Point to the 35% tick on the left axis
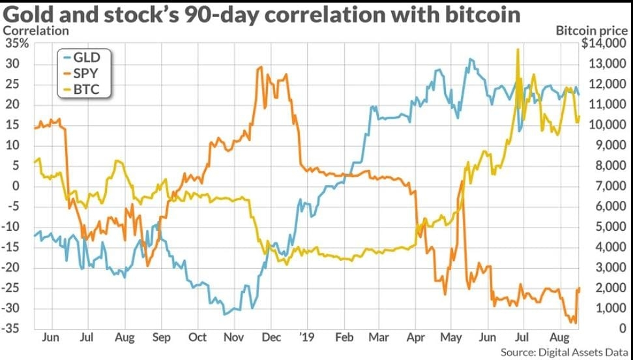pyautogui.click(x=16, y=44)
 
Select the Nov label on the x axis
pyautogui.click(x=233, y=338)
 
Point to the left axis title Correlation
pyautogui.click(x=37, y=30)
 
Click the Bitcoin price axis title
pyautogui.click(x=591, y=30)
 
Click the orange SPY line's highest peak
pyautogui.click(x=261, y=67)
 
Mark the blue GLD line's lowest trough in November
pyautogui.click(x=226, y=314)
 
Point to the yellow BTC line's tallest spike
pyautogui.click(x=518, y=49)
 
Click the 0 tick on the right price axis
pyautogui.click(x=622, y=329)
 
